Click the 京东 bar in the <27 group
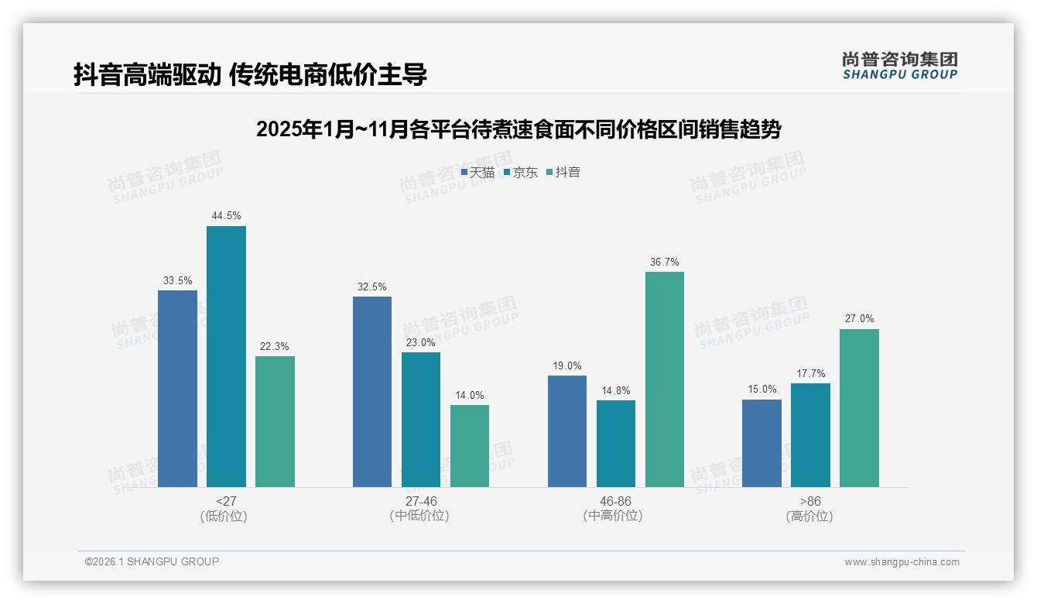click(x=226, y=356)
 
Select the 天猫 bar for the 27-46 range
click(x=372, y=392)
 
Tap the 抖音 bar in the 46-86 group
click(x=665, y=379)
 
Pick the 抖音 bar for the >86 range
click(x=859, y=408)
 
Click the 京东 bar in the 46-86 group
click(x=616, y=444)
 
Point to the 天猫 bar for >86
click(x=761, y=443)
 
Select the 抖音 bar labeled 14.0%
click(x=470, y=446)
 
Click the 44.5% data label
click(x=226, y=215)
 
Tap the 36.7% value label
click(x=665, y=262)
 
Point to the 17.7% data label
click(x=810, y=374)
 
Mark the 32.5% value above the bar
click(x=372, y=287)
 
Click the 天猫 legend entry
click(x=477, y=172)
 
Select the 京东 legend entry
click(x=520, y=172)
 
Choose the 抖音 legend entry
click(x=563, y=172)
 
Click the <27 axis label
click(x=227, y=501)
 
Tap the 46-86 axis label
click(x=615, y=501)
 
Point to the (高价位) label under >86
click(x=809, y=516)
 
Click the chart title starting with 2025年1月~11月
click(x=518, y=129)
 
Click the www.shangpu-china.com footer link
click(x=902, y=562)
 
